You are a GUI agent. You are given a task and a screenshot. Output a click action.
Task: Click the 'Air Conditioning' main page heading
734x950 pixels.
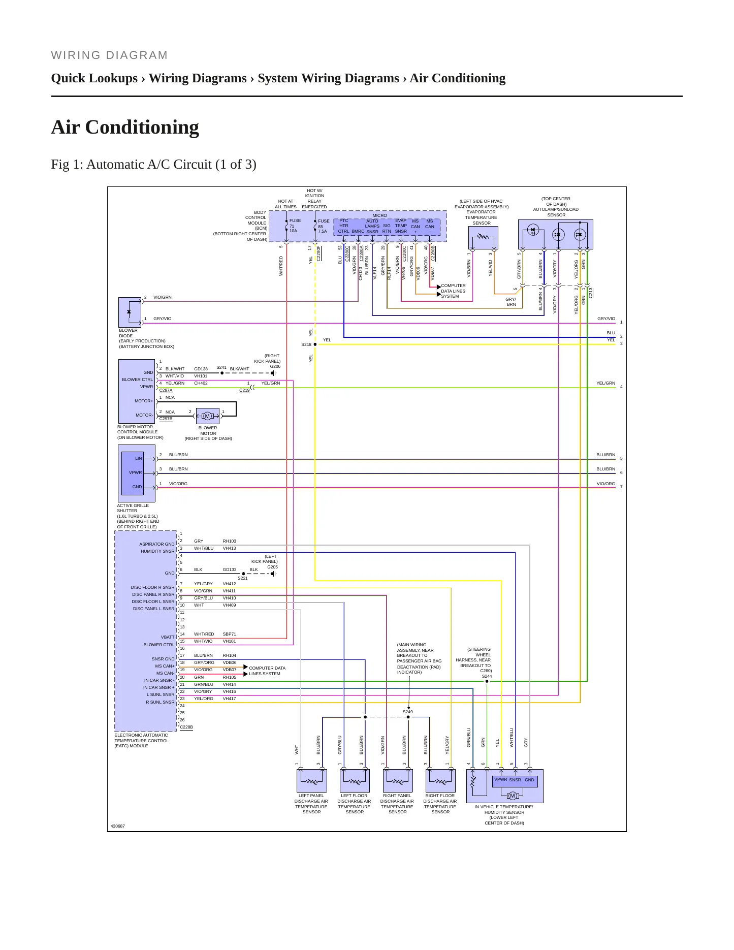(x=125, y=127)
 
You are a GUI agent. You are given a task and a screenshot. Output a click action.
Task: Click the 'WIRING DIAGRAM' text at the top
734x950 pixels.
(x=109, y=55)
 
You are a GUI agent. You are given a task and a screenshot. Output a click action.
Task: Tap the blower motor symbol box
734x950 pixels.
(x=207, y=416)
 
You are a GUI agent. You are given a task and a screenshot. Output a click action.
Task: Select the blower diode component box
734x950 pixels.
(x=130, y=312)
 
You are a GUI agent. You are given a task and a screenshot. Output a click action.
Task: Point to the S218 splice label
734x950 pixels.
(x=306, y=344)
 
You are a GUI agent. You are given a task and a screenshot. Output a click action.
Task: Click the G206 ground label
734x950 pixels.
(x=275, y=366)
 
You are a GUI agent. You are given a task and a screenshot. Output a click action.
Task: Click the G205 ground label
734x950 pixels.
(x=272, y=567)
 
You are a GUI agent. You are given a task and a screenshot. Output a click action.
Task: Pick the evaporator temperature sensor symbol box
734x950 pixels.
(x=483, y=238)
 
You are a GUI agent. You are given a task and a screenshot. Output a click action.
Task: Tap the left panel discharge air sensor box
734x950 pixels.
(x=311, y=780)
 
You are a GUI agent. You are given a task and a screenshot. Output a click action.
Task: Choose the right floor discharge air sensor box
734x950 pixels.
(x=440, y=780)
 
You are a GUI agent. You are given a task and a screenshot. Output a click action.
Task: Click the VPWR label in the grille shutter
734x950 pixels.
(x=135, y=472)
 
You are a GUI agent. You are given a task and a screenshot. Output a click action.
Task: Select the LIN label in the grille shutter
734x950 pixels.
(x=138, y=458)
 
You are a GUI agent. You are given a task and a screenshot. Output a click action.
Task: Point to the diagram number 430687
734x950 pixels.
(x=118, y=826)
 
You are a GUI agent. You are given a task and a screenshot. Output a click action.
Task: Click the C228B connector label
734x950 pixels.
(x=186, y=727)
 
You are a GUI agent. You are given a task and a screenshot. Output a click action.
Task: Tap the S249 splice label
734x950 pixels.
(x=408, y=712)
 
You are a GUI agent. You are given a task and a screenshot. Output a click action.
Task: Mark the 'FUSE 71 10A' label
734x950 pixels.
(x=295, y=226)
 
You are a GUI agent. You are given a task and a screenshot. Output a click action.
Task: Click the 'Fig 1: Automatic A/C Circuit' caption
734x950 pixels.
(x=153, y=165)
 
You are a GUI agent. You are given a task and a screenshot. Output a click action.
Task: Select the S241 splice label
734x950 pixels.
(x=221, y=367)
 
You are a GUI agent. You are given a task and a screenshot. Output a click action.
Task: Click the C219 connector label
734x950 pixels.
(x=244, y=390)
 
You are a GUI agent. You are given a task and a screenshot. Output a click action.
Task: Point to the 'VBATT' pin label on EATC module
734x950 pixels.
(x=168, y=637)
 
